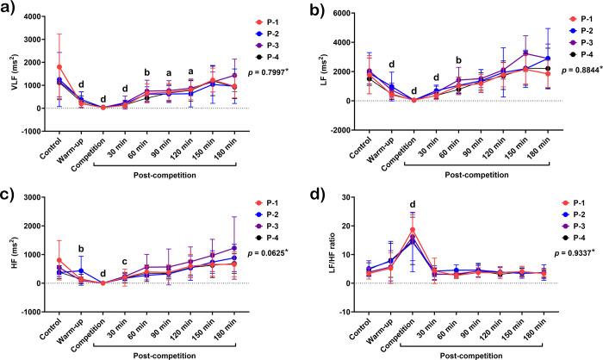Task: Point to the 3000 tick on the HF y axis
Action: tap(34, 198)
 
